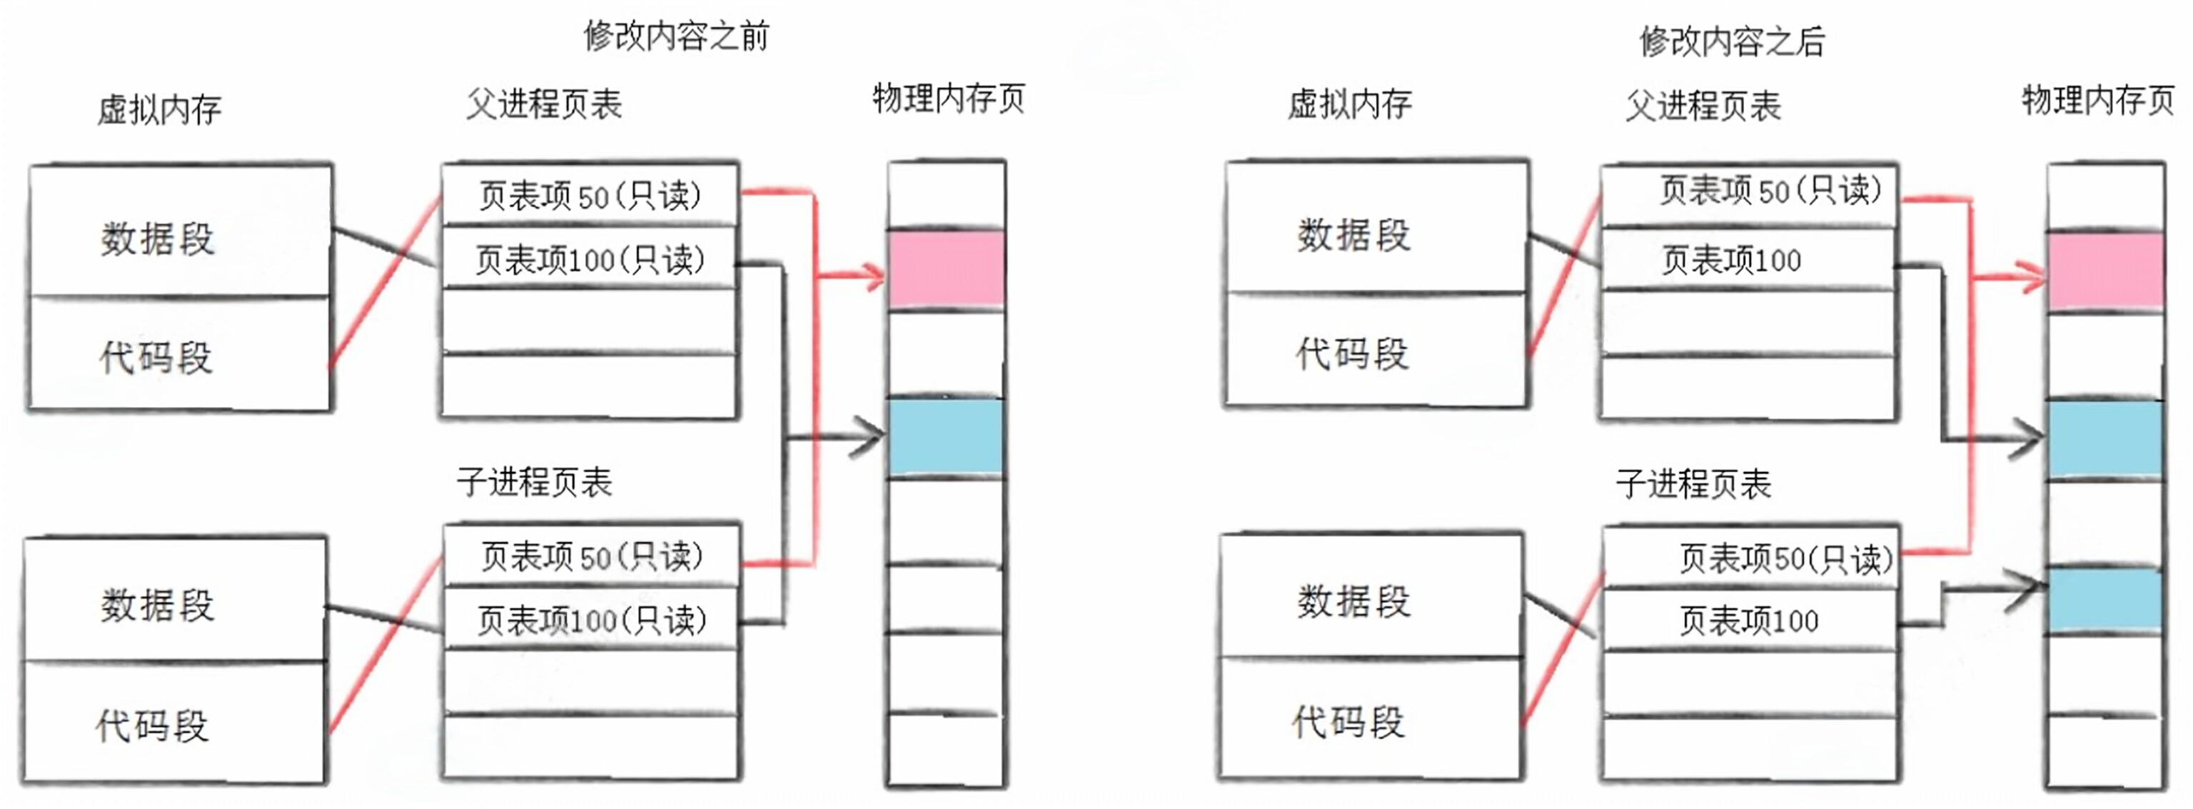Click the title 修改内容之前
click(x=676, y=36)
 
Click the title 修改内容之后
click(x=1732, y=41)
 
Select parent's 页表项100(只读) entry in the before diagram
click(x=589, y=260)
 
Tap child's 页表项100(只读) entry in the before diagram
click(x=591, y=620)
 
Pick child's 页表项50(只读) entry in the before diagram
click(x=591, y=556)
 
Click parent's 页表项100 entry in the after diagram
click(x=1732, y=261)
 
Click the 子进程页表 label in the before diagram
click(x=535, y=482)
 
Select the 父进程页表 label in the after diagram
click(x=1703, y=106)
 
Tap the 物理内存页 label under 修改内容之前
click(x=948, y=99)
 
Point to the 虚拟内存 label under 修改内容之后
click(x=1349, y=105)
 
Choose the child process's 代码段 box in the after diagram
click(x=1369, y=720)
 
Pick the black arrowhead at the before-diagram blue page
click(x=872, y=438)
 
